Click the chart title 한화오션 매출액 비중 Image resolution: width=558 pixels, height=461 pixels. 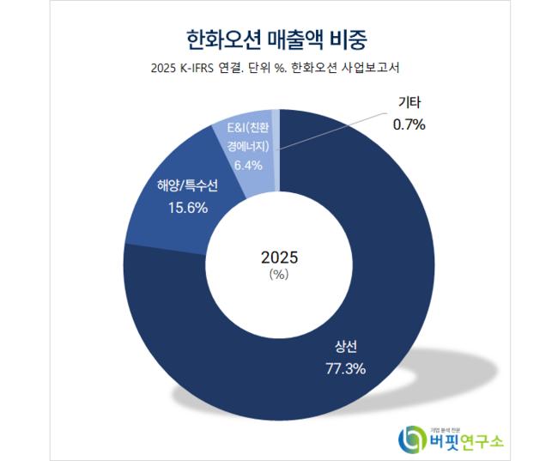tap(276, 39)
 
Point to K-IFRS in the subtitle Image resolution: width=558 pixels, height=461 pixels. tap(192, 68)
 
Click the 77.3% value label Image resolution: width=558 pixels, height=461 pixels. tap(346, 369)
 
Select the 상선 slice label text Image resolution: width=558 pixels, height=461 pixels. tap(346, 347)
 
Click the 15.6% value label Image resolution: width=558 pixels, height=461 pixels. tap(187, 208)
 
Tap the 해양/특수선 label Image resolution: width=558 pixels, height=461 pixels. tap(187, 185)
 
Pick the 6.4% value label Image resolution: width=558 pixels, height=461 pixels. tap(248, 165)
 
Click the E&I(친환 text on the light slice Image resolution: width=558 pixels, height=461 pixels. tap(248, 128)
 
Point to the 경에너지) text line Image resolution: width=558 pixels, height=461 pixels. tap(248, 146)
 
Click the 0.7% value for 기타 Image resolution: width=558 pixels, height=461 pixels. tap(409, 124)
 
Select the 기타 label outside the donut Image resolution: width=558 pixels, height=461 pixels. tap(409, 102)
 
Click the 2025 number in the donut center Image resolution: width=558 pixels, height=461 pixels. tap(279, 258)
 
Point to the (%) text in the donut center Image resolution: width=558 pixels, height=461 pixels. tap(279, 275)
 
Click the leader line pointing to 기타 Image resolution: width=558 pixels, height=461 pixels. tap(332, 131)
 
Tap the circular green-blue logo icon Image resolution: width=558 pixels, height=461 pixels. tap(412, 439)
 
